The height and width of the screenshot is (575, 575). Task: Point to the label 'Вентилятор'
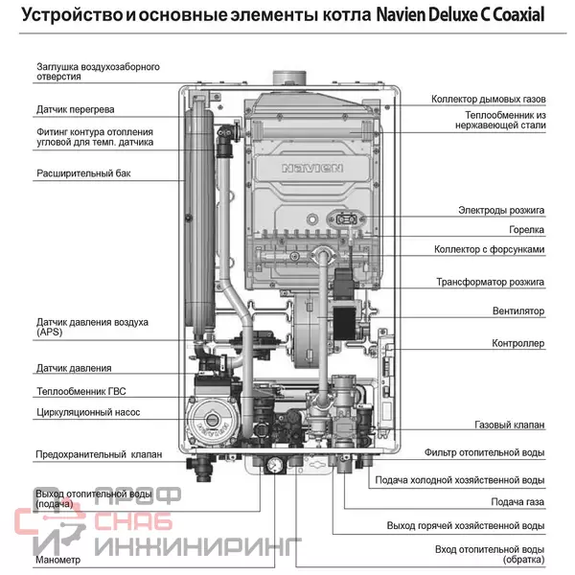(517, 311)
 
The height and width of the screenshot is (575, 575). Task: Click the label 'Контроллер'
(517, 342)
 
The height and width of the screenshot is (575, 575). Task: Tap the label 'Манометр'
(57, 559)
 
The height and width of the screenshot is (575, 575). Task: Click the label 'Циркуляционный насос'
(88, 412)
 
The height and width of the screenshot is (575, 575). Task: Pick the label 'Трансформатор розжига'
(490, 283)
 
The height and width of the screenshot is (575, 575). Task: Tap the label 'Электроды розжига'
(500, 209)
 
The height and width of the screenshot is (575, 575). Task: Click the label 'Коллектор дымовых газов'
(487, 99)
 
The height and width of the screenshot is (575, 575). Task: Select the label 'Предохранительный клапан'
(98, 454)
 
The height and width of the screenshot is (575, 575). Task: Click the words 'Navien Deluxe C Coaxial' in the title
(462, 16)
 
